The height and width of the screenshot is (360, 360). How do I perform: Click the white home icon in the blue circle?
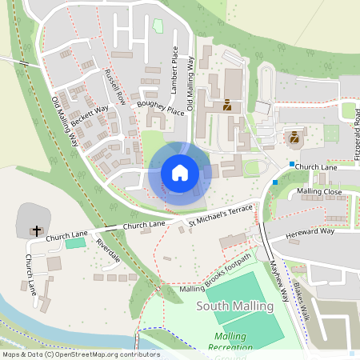180,172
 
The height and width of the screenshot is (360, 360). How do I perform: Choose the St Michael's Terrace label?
220,214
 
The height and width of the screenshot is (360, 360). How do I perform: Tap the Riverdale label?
107,251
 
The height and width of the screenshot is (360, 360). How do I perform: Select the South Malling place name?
234,306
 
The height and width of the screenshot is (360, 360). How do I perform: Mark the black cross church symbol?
35,230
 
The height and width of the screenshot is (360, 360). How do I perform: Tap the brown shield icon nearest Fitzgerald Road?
295,138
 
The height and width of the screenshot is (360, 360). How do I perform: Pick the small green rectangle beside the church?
74,242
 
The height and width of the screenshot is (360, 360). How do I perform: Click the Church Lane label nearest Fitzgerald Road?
316,166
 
